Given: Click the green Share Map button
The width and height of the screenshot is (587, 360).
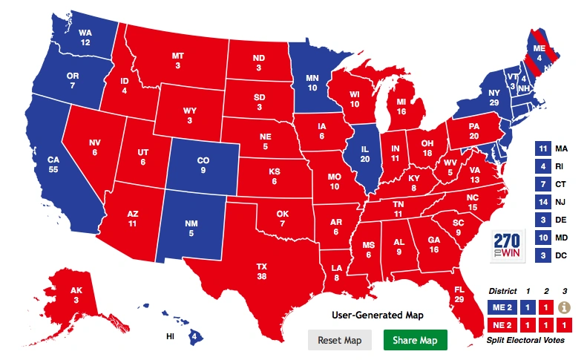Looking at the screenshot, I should point(416,340).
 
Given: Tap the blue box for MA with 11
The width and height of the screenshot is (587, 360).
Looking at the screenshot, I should point(542,148).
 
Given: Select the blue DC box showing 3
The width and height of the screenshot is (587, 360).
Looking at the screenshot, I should point(542,255).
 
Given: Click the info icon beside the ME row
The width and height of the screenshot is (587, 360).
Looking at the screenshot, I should point(564,305).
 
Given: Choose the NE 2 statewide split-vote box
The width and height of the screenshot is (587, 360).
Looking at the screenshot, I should point(500,325).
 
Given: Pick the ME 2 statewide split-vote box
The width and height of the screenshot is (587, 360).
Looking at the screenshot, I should point(500,305).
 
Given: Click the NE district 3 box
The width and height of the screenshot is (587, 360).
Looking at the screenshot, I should point(564,325).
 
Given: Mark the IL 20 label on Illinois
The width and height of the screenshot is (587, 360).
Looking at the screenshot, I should point(365,154).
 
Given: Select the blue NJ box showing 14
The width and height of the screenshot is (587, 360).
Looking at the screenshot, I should point(542,202).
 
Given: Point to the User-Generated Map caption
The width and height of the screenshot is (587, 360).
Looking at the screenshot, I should point(378,315).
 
